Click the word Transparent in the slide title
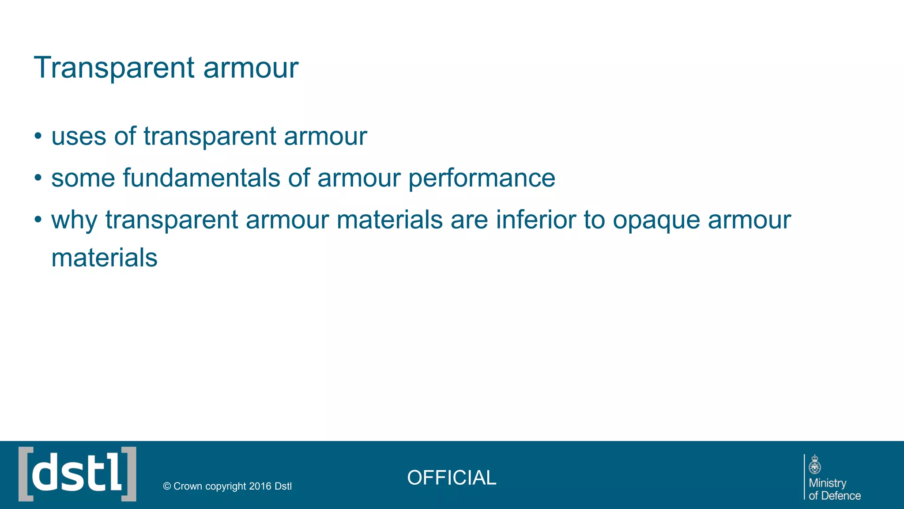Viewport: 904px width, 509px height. click(x=114, y=68)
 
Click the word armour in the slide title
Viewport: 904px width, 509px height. click(x=251, y=68)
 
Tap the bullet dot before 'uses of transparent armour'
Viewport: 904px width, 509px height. click(x=38, y=136)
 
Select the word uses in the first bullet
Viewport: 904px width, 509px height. click(x=79, y=136)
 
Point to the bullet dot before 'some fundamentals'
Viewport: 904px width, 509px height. click(x=38, y=178)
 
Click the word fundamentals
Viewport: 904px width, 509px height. click(x=201, y=178)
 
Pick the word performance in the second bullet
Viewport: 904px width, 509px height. click(x=482, y=178)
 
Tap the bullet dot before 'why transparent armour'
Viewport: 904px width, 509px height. click(x=38, y=220)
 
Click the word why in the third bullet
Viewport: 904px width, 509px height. click(x=74, y=220)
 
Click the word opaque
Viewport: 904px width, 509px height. click(x=656, y=220)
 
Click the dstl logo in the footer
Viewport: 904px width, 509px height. click(x=77, y=474)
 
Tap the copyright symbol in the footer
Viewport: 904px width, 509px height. click(x=167, y=486)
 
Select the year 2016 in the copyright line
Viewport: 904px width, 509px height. click(x=260, y=486)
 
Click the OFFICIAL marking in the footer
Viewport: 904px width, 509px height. click(x=452, y=478)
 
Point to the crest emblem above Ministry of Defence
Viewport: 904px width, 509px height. click(x=815, y=465)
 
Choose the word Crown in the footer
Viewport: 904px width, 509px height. click(x=188, y=486)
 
